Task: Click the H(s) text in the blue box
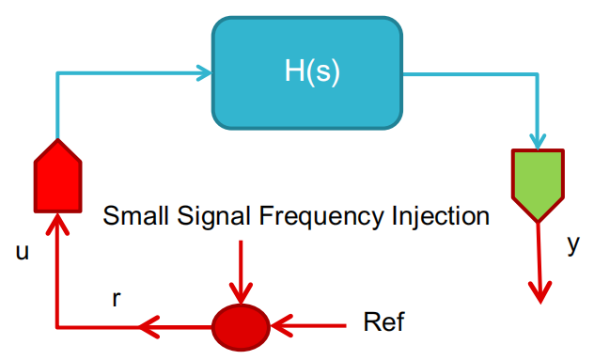[x=312, y=71]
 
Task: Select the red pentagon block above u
[x=58, y=177]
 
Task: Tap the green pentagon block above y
[x=538, y=185]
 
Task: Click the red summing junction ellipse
[x=241, y=327]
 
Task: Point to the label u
[x=23, y=252]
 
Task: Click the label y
[x=573, y=244]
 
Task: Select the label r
[x=117, y=299]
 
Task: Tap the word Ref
[x=383, y=321]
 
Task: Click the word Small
[x=135, y=215]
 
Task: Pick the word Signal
[x=213, y=217]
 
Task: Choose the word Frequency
[x=321, y=217]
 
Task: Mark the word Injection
[x=441, y=216]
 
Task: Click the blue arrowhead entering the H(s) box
[x=204, y=72]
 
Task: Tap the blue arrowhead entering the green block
[x=538, y=141]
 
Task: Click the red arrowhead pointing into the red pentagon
[x=57, y=224]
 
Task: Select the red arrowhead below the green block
[x=540, y=292]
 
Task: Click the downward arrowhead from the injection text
[x=241, y=293]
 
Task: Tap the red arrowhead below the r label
[x=148, y=327]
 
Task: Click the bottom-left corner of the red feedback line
[x=57, y=327]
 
